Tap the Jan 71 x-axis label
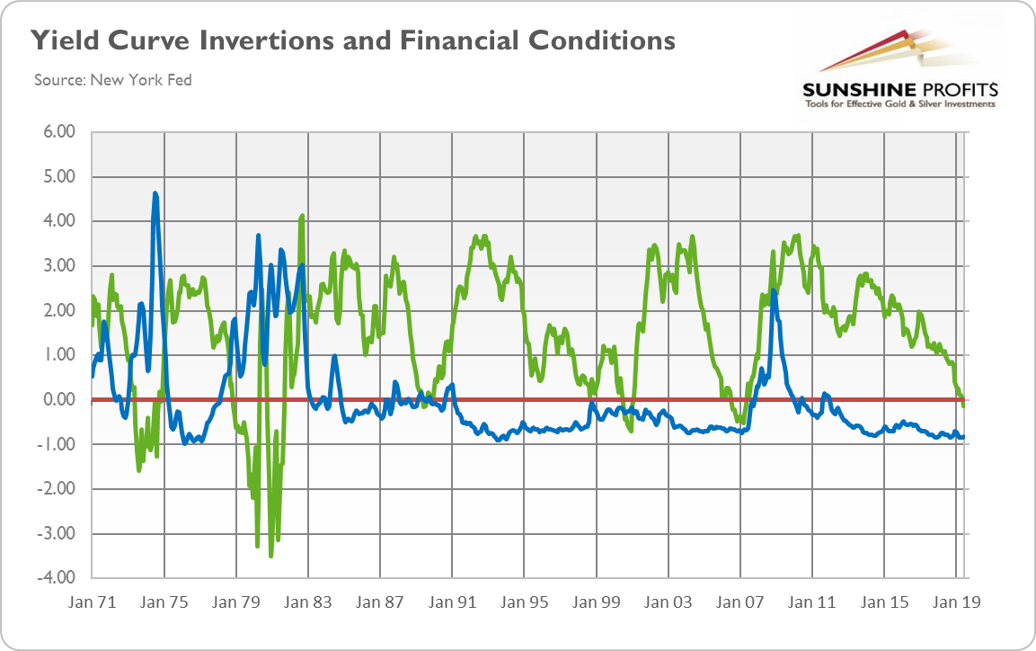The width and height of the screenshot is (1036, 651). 93,603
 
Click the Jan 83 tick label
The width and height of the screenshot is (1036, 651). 308,603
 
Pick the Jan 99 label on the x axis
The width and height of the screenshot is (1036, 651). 597,603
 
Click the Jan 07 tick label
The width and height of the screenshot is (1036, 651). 740,603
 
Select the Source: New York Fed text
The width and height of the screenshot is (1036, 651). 112,80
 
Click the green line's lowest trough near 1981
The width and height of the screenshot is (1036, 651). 270,556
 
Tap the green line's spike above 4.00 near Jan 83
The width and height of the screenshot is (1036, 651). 302,216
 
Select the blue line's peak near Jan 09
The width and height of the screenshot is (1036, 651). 774,290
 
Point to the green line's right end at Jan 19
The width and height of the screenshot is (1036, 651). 964,406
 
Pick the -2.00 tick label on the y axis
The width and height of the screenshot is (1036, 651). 57,489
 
